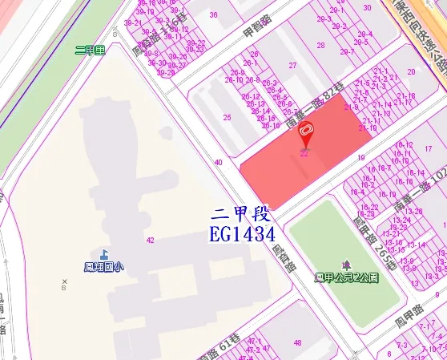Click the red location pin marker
305,134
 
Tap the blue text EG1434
241,235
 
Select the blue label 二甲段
241,216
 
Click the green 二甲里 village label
90,50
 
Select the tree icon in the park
346,265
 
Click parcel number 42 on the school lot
151,240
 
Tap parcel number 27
293,66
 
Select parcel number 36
213,14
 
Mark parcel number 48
298,343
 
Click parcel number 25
228,118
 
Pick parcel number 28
320,45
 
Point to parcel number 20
411,71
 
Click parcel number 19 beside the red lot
361,158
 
